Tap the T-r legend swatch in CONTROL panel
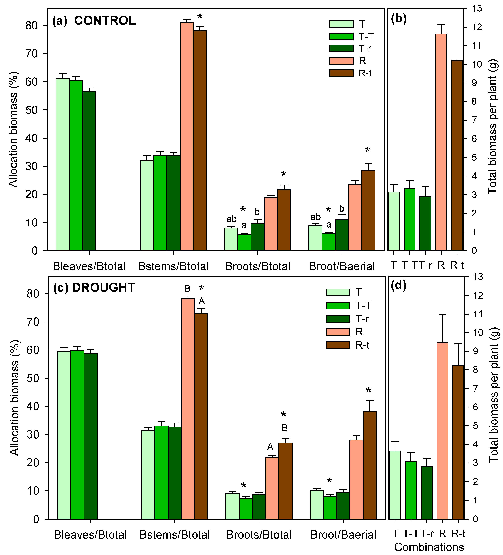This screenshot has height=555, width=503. (341, 48)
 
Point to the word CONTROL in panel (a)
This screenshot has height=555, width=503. (105, 21)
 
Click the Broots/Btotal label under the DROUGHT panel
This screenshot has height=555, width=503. (259, 535)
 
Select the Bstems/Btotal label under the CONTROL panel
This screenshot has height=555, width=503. (173, 266)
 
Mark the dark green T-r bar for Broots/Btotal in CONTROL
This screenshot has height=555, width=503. (257, 237)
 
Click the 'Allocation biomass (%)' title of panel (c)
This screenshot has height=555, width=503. (14, 398)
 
